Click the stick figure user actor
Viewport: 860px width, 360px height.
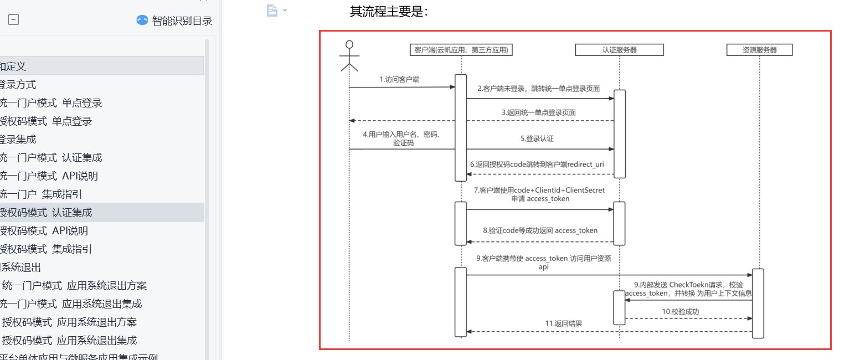tap(349, 56)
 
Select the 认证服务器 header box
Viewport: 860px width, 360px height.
tap(619, 50)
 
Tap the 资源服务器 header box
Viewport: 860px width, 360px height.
tap(759, 50)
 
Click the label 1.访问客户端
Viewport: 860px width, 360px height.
tap(399, 79)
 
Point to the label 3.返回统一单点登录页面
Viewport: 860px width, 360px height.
tap(538, 112)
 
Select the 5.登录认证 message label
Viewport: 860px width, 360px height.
tap(537, 139)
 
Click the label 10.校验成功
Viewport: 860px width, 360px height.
tap(681, 312)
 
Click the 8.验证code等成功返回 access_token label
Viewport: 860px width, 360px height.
tap(540, 230)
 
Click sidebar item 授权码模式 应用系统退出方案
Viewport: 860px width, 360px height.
tap(69, 322)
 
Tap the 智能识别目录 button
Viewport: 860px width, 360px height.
tap(174, 20)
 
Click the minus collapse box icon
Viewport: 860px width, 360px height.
tap(13, 20)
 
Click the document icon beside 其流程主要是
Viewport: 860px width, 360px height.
tap(272, 11)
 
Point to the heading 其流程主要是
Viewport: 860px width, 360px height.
tap(389, 11)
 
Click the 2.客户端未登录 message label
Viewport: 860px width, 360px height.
tap(539, 89)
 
